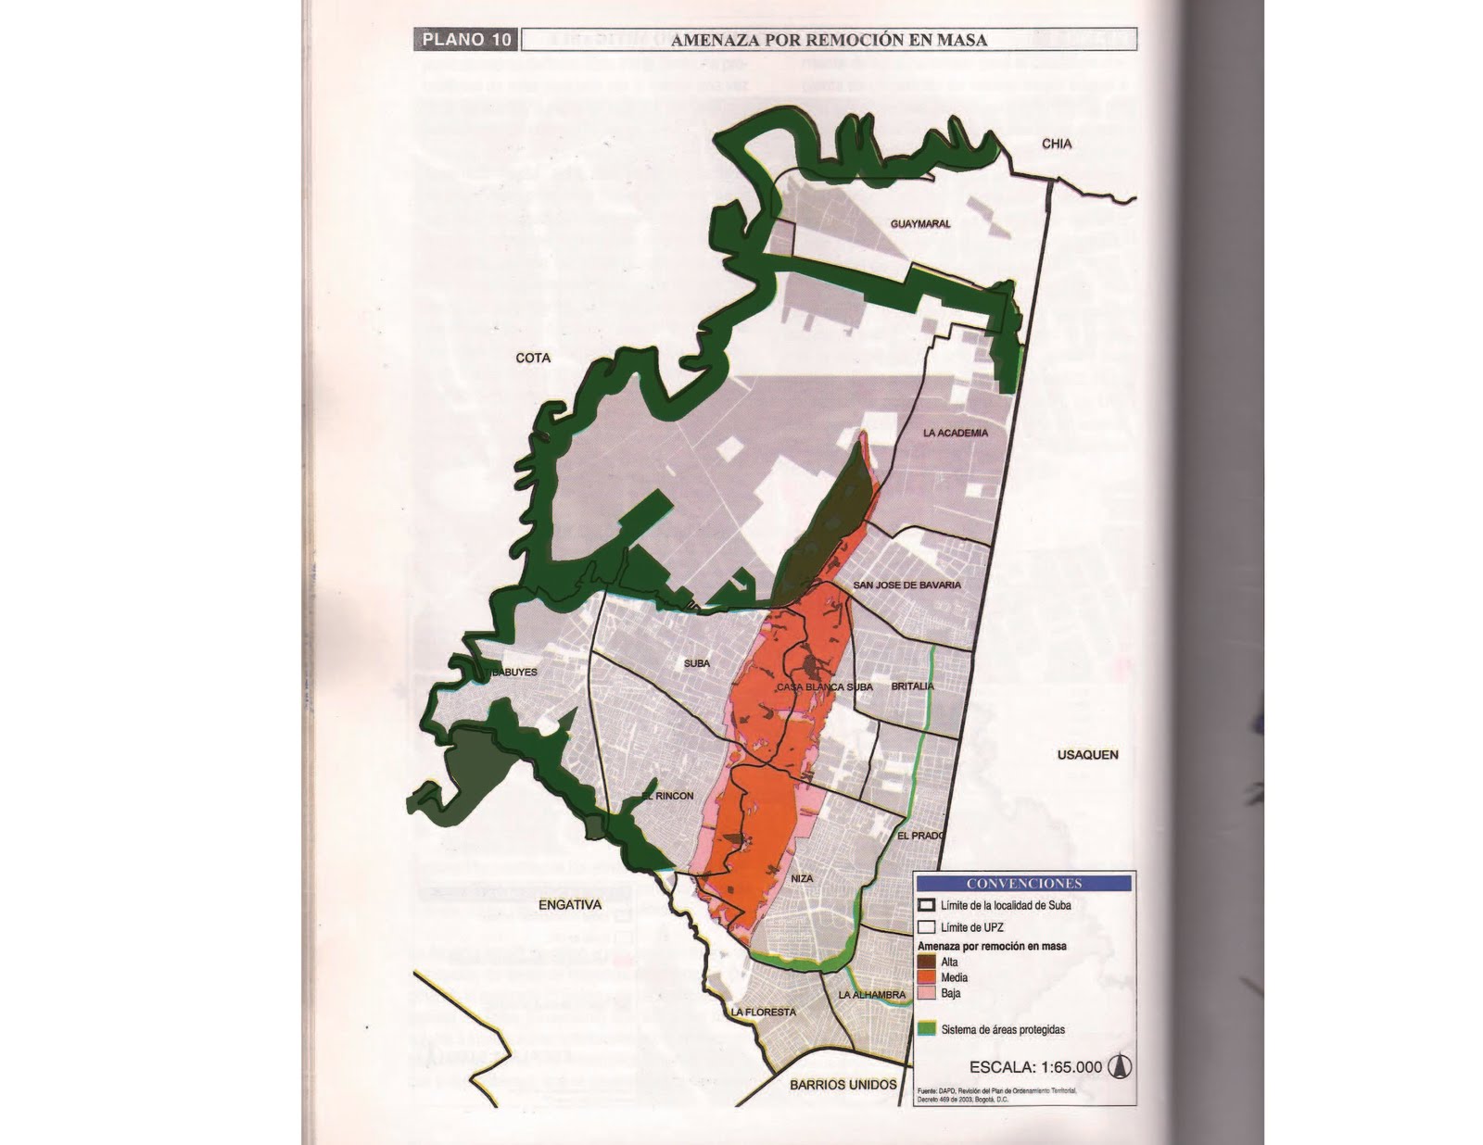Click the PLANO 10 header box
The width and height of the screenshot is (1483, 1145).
pyautogui.click(x=465, y=40)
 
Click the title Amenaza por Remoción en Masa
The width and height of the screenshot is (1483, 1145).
pyautogui.click(x=829, y=40)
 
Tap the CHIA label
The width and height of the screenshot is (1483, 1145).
pyautogui.click(x=1057, y=144)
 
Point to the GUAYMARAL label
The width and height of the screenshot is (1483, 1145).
pyautogui.click(x=920, y=224)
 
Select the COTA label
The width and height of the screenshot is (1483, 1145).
pyautogui.click(x=533, y=358)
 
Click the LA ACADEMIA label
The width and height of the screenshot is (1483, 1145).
pyautogui.click(x=955, y=433)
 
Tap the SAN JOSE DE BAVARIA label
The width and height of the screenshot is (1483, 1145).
pyautogui.click(x=906, y=585)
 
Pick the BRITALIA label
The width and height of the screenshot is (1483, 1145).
pyautogui.click(x=912, y=686)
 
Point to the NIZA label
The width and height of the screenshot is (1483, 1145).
pyautogui.click(x=802, y=878)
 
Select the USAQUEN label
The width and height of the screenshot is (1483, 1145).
pyautogui.click(x=1087, y=755)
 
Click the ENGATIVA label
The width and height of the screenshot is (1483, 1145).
pyautogui.click(x=570, y=905)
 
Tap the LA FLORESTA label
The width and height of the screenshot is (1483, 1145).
pyautogui.click(x=764, y=1013)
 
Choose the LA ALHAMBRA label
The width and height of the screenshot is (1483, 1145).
pyautogui.click(x=871, y=995)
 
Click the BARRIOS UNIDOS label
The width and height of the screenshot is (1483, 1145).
pyautogui.click(x=843, y=1085)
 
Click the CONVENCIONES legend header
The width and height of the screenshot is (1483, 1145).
pyautogui.click(x=1023, y=884)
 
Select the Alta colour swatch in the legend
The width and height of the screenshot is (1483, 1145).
pyautogui.click(x=926, y=963)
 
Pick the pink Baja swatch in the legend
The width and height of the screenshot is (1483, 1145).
pyautogui.click(x=926, y=993)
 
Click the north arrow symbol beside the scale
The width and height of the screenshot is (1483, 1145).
pyautogui.click(x=1120, y=1067)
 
